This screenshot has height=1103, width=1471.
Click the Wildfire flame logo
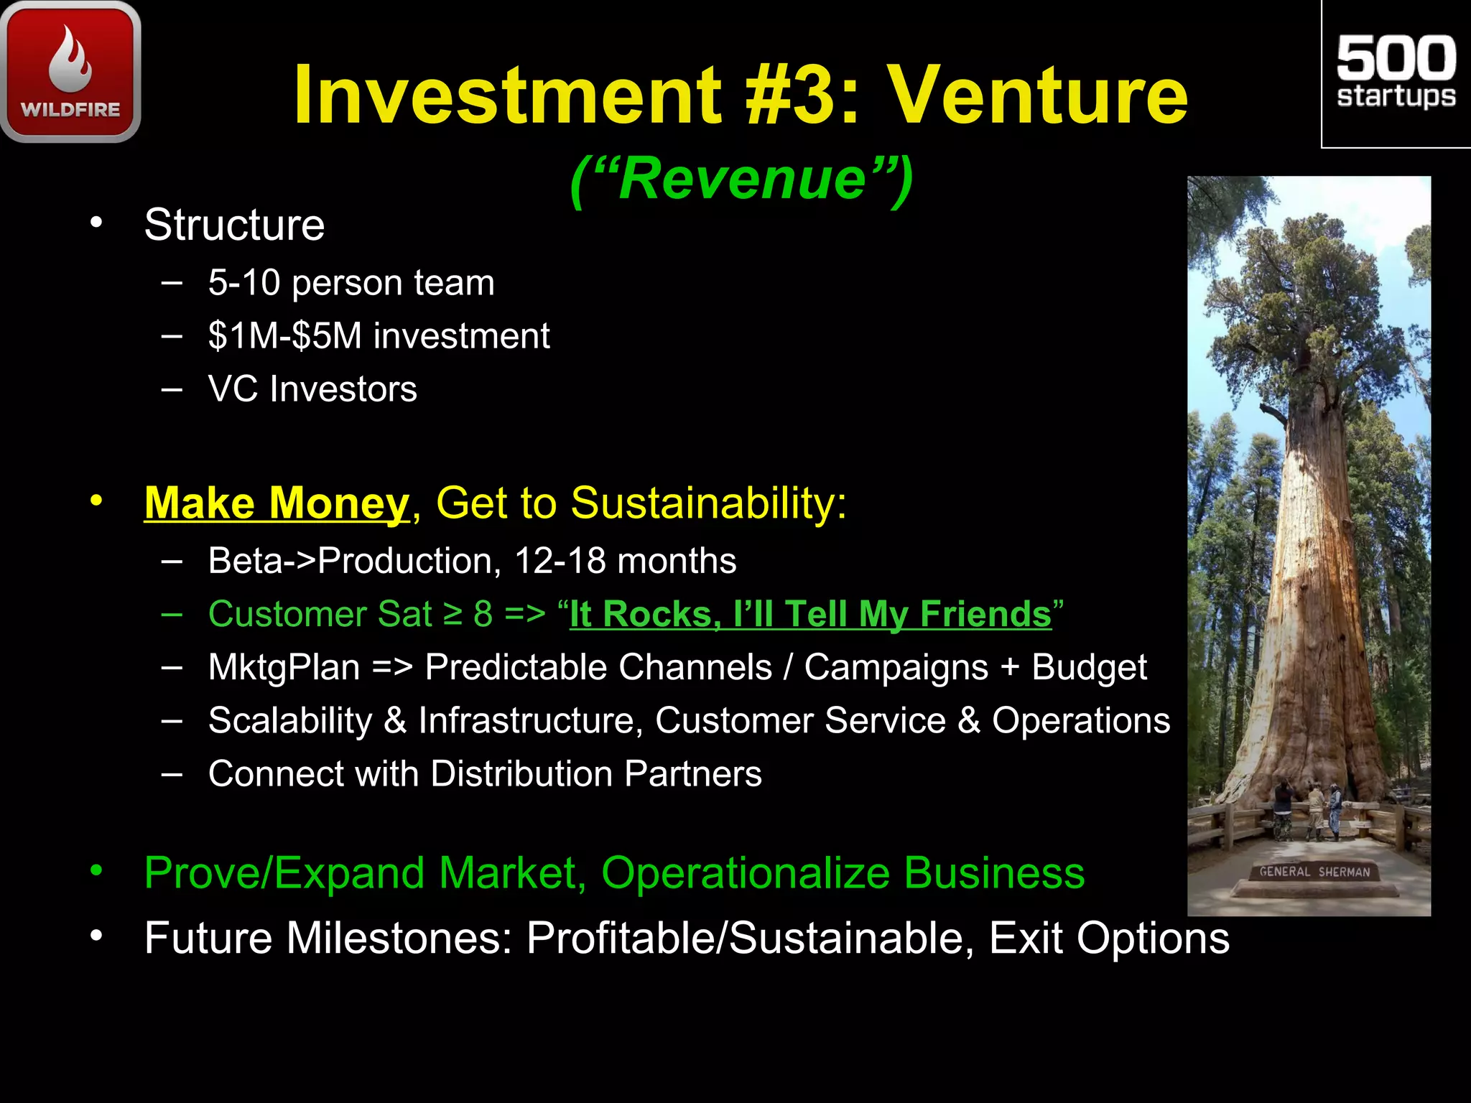[70, 72]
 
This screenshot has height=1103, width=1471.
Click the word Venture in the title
[1038, 96]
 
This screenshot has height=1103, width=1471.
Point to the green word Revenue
[742, 179]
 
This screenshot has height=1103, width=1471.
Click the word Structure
[234, 225]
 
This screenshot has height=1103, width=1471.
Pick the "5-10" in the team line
[243, 283]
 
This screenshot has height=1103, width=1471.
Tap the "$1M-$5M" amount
[284, 336]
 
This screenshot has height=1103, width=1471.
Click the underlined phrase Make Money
[277, 503]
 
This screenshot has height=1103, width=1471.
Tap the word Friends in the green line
[985, 615]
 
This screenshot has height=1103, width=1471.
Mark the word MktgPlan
[284, 667]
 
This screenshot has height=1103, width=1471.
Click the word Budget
[1089, 667]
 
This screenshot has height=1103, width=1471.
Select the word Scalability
[290, 720]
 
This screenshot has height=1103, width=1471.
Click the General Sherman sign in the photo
[1314, 872]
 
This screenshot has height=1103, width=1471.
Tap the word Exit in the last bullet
[1025, 938]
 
